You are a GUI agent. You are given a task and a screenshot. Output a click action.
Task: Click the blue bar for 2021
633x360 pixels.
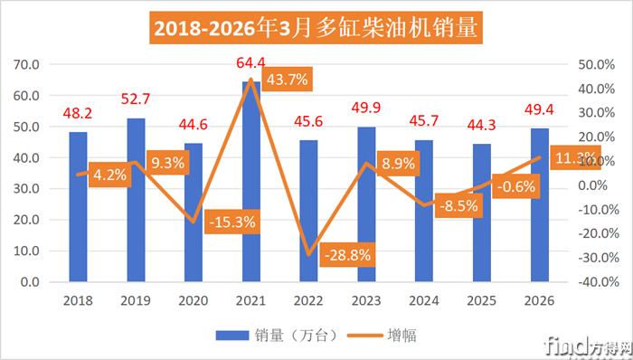point(251,182)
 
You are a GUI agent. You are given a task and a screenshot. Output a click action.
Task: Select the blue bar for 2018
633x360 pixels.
point(78,207)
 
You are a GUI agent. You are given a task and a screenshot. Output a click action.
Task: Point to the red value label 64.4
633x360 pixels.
point(250,62)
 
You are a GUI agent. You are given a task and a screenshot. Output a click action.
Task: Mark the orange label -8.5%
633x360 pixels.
point(458,205)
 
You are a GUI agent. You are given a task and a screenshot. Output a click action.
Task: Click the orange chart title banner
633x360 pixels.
point(316,28)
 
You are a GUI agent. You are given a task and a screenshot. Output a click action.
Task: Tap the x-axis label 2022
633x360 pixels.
point(308,300)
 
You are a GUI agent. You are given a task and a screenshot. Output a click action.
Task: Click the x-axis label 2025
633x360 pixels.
point(482,300)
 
